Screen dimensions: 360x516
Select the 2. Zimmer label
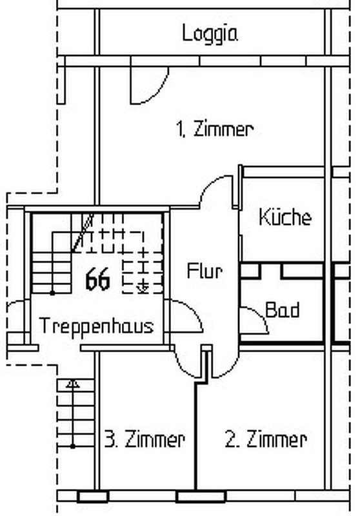266,439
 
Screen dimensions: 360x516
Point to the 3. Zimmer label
145,439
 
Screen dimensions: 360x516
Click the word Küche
285,217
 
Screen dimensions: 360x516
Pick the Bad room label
283,310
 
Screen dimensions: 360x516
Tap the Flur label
205,271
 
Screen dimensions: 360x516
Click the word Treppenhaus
96,326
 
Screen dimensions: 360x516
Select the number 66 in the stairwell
97,279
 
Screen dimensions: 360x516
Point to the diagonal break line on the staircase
83,233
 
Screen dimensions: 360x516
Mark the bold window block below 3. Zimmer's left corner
93,497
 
